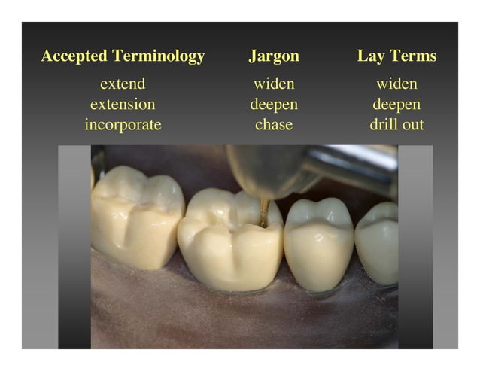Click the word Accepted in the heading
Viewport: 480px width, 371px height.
[x=74, y=56]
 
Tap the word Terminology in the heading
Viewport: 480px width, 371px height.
[x=158, y=56]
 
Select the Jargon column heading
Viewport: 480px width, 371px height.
[x=274, y=56]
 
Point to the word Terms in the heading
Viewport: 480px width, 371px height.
[x=412, y=56]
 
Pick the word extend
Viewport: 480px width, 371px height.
[x=123, y=84]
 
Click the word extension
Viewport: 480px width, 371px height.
[x=123, y=104]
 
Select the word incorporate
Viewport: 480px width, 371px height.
[x=123, y=124]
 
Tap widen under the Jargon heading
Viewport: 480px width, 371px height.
[x=274, y=84]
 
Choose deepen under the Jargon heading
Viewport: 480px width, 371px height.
[x=274, y=105]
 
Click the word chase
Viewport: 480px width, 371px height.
[x=274, y=124]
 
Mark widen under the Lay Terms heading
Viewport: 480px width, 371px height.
[x=396, y=84]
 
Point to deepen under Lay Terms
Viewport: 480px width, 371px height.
[x=396, y=105]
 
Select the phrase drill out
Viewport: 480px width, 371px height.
[x=396, y=124]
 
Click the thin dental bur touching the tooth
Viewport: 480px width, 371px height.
[x=264, y=211]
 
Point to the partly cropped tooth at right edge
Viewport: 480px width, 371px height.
[x=378, y=241]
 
